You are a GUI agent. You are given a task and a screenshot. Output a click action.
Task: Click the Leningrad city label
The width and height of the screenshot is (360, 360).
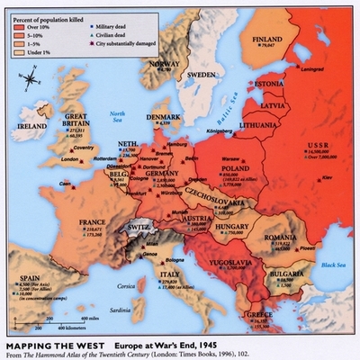point(314,67)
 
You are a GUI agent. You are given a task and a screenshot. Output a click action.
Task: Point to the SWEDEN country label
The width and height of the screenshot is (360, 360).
point(204,75)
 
